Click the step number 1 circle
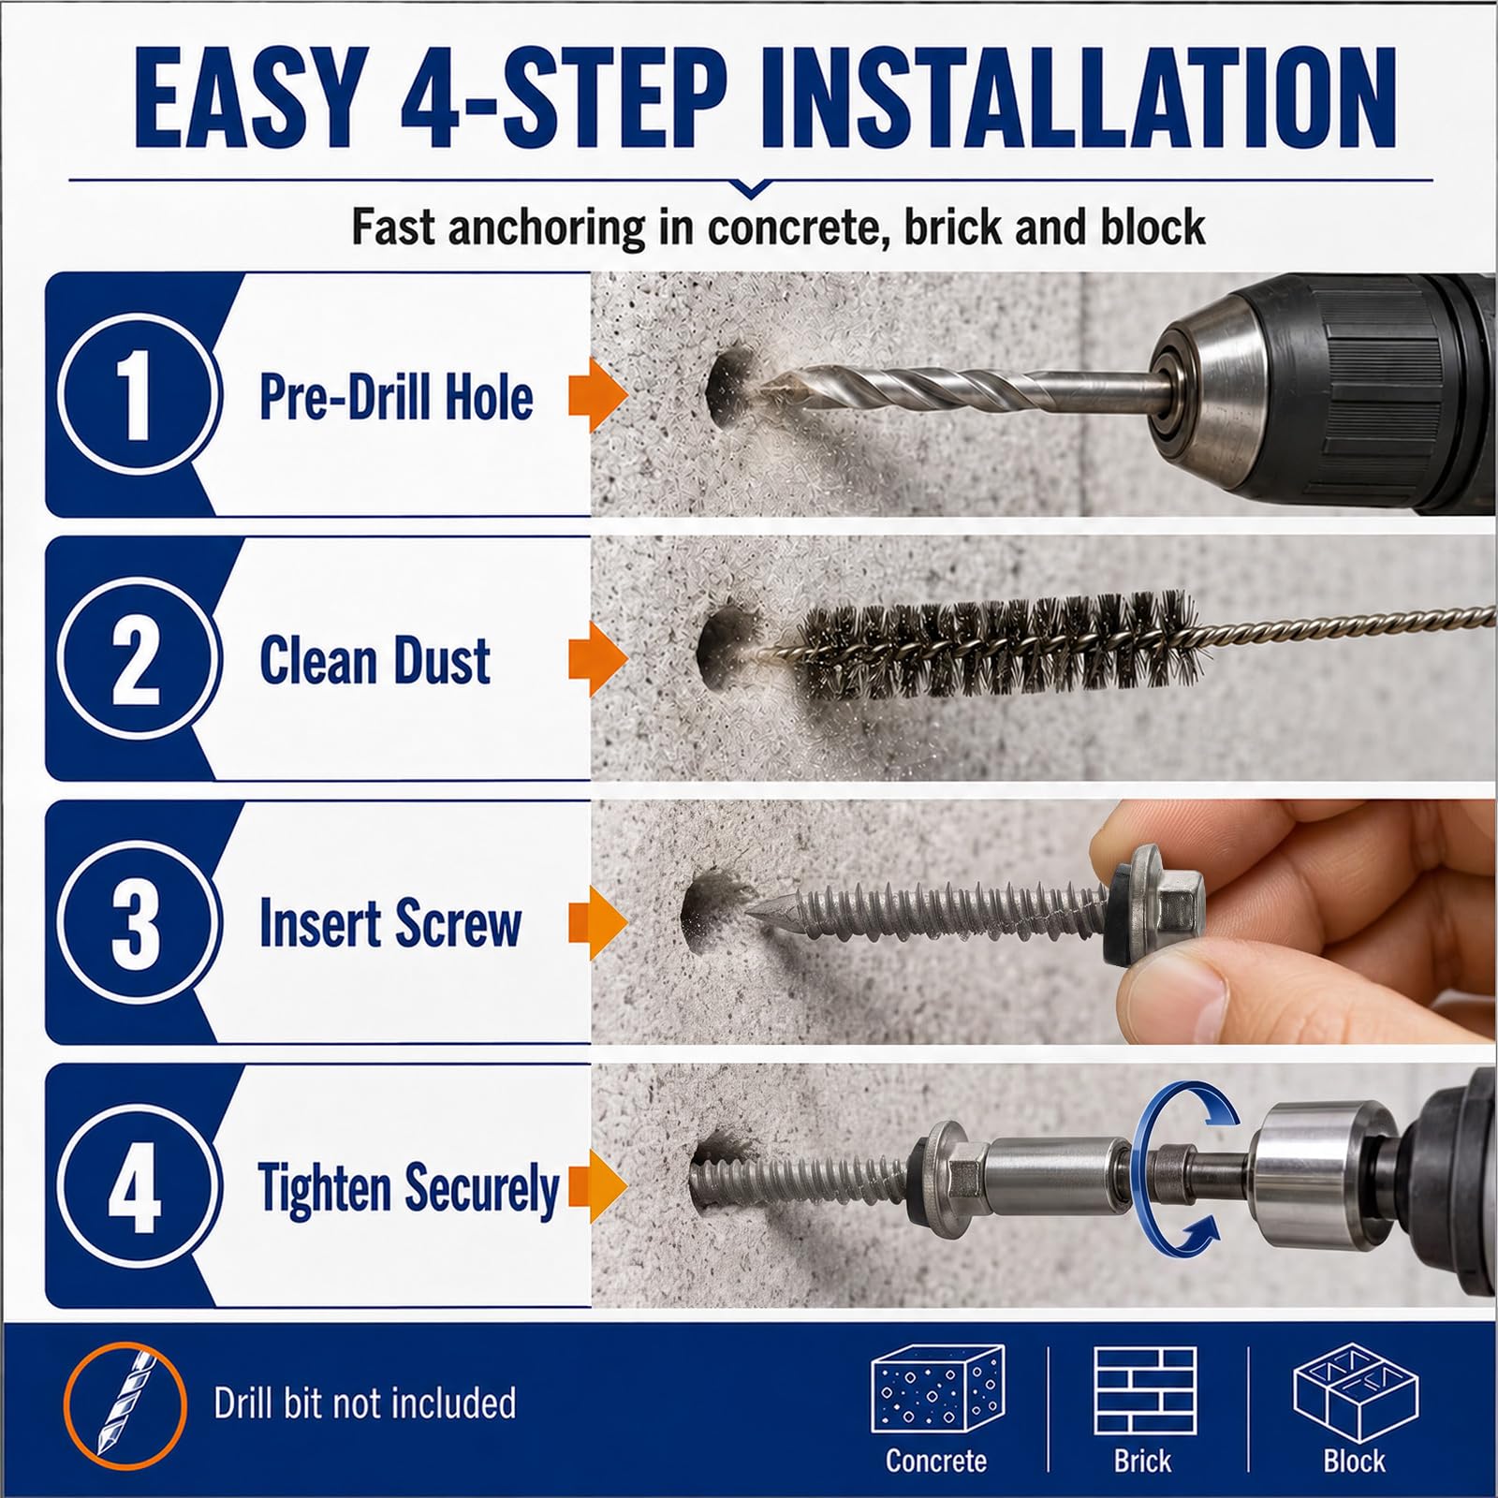click(x=138, y=394)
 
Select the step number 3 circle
click(x=138, y=922)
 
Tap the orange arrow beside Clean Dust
click(x=597, y=659)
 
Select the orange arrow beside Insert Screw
click(x=597, y=922)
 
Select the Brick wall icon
click(x=1144, y=1389)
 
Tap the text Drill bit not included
click(x=365, y=1403)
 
